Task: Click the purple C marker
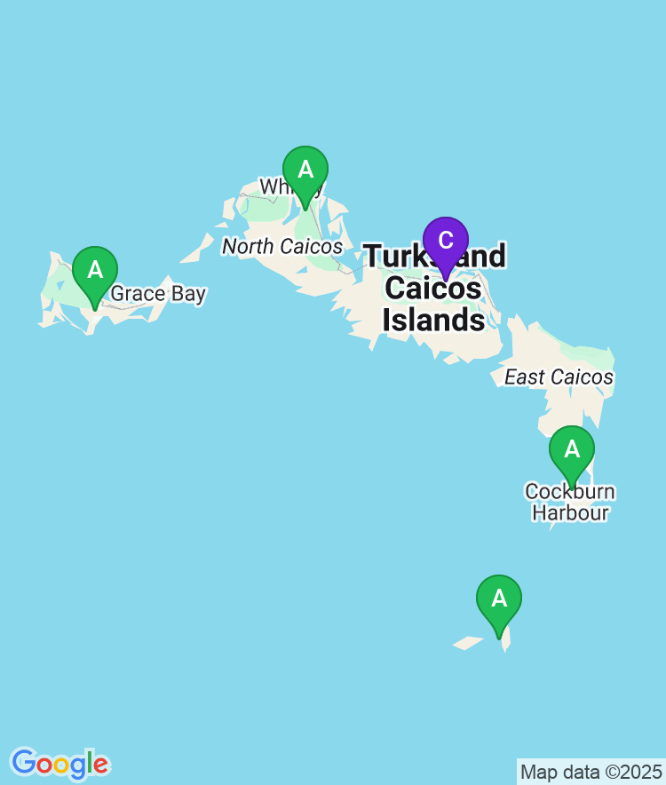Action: (x=446, y=241)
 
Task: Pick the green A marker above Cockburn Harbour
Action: (x=572, y=450)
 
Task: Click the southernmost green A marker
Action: (x=499, y=599)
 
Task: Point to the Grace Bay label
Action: (x=158, y=294)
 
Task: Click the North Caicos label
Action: (x=282, y=246)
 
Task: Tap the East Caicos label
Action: (x=559, y=377)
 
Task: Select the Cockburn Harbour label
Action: (x=569, y=502)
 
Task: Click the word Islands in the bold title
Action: (x=434, y=320)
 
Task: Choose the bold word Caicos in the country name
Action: (x=434, y=289)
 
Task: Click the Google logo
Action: (x=59, y=764)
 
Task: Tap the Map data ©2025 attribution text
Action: (x=591, y=771)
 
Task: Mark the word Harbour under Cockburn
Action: (x=569, y=512)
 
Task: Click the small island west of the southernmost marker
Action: (x=466, y=641)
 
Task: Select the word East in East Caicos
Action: (x=523, y=377)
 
